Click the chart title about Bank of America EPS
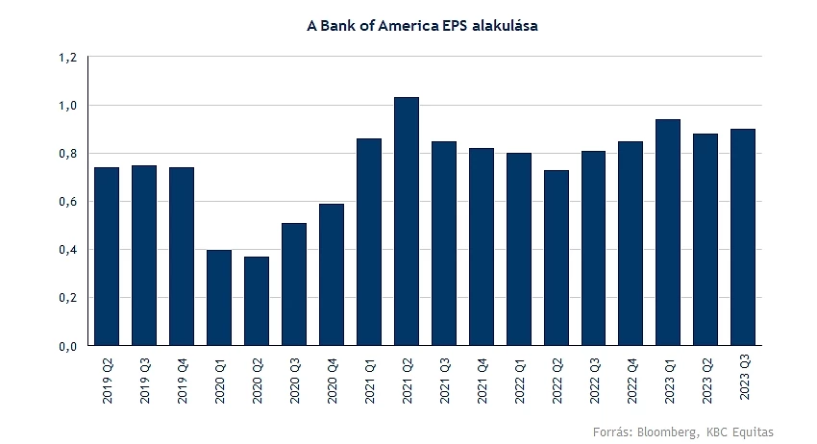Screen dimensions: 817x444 (x=422, y=26)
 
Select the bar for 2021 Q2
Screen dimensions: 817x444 (x=407, y=221)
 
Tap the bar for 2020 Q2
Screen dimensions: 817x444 (x=257, y=301)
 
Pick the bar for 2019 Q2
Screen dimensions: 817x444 (x=107, y=256)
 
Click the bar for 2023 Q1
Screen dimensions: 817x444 (x=668, y=232)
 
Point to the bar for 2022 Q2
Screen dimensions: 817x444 (x=556, y=258)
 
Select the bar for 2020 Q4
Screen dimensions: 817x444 (x=332, y=274)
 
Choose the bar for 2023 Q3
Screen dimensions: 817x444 (x=743, y=237)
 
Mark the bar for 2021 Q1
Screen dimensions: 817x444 (x=369, y=242)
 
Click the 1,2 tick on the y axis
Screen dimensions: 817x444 (x=67, y=58)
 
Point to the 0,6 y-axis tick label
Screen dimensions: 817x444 (x=67, y=202)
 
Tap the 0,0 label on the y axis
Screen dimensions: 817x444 (x=67, y=346)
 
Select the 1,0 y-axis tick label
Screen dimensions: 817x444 (x=67, y=106)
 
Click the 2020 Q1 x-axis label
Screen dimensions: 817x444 (x=219, y=381)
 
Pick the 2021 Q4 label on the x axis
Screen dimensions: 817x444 (x=482, y=381)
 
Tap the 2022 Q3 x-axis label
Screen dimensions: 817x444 (x=595, y=381)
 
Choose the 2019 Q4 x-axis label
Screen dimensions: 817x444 (x=182, y=381)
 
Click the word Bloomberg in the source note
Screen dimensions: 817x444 (x=668, y=432)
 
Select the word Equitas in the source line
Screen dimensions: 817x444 (x=753, y=432)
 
